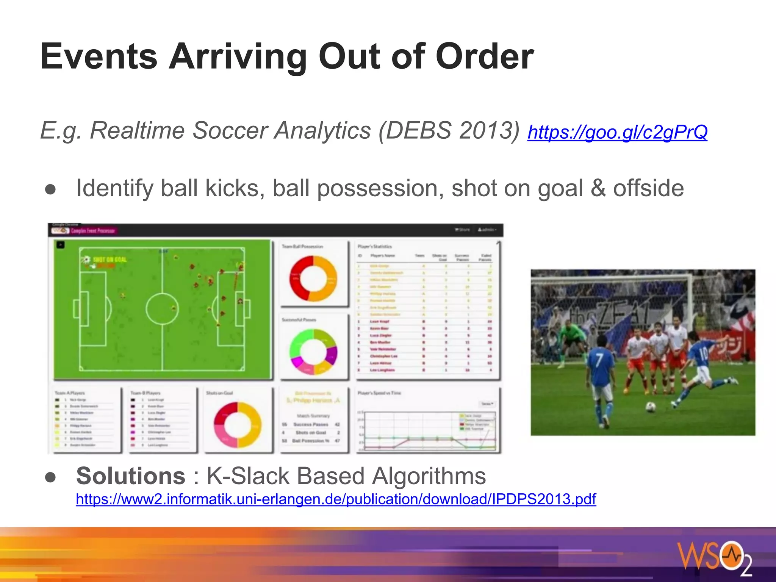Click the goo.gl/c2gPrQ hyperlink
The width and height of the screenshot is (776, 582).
click(617, 132)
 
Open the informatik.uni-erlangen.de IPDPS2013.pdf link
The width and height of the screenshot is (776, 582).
click(336, 499)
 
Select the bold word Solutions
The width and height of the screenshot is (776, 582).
click(131, 476)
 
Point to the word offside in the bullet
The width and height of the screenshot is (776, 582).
click(648, 188)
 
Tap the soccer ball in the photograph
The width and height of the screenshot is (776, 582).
click(650, 407)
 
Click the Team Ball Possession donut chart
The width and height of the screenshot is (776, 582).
click(313, 278)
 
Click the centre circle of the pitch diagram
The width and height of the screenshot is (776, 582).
click(162, 308)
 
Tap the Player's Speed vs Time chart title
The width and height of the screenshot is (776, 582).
click(379, 393)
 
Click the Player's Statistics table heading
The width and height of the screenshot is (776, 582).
click(374, 247)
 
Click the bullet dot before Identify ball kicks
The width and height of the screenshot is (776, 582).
click(50, 189)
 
